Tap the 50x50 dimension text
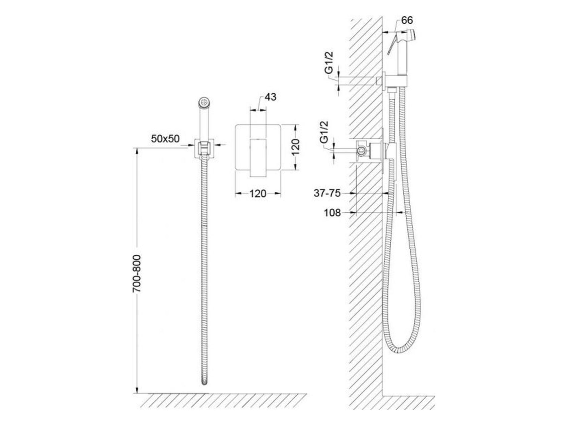[165, 139]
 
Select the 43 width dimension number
[270, 97]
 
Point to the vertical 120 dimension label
[296, 148]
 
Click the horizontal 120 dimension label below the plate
[258, 193]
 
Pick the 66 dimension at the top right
[407, 20]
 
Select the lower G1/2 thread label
[324, 132]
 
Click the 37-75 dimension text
[327, 193]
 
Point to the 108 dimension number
[332, 213]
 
